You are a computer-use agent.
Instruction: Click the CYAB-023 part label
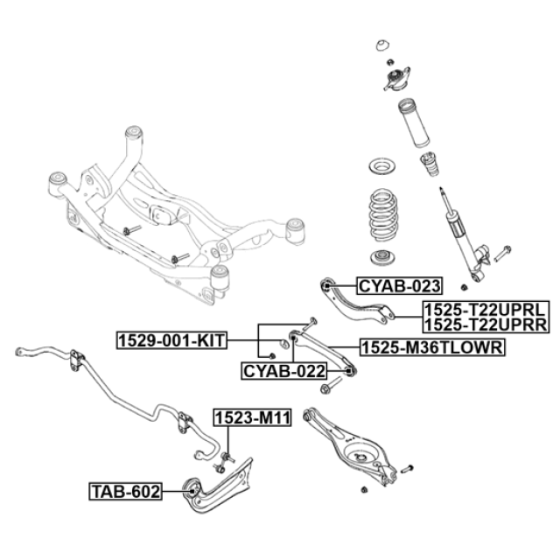(399, 286)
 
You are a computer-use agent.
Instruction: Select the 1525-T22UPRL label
(486, 309)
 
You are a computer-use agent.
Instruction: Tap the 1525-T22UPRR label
(486, 325)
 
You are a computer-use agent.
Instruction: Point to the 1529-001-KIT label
(171, 340)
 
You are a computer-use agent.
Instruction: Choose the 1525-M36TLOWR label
(432, 347)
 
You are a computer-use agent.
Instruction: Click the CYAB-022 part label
(284, 371)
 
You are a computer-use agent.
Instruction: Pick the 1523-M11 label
(253, 417)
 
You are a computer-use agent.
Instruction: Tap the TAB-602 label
(125, 492)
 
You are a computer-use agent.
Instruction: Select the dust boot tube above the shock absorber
(414, 123)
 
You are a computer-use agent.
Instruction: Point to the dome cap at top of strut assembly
(382, 45)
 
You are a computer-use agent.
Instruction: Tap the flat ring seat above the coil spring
(382, 167)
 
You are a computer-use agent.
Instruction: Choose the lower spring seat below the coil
(382, 258)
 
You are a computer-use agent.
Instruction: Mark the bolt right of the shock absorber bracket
(502, 253)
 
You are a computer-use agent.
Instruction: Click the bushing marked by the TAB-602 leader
(192, 491)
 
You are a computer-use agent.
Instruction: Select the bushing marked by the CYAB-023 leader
(326, 286)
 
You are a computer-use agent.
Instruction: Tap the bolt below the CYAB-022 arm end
(331, 385)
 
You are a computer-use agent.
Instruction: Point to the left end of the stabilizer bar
(20, 352)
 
